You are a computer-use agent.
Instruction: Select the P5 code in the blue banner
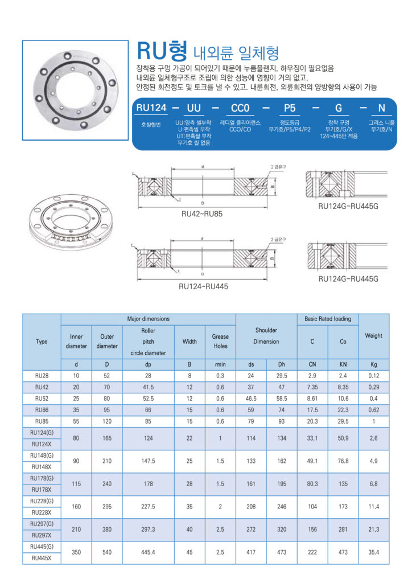[x=286, y=108]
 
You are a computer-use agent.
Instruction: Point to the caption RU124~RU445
[x=203, y=286]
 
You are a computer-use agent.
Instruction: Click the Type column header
[x=42, y=342]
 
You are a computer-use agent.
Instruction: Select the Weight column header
[x=373, y=335]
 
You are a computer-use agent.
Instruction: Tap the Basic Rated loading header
[x=328, y=319]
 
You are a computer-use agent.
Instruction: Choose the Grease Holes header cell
[x=220, y=341]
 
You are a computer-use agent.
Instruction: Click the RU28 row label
[x=42, y=376]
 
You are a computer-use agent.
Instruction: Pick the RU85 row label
[x=42, y=421]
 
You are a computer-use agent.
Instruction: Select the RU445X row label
[x=42, y=558]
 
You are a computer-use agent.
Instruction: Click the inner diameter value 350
[x=76, y=552]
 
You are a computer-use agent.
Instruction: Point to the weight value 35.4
[x=373, y=552]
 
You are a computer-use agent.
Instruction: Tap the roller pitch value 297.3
[x=148, y=529]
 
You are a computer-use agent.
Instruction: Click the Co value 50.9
[x=343, y=438]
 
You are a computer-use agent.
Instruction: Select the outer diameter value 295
[x=107, y=507]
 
